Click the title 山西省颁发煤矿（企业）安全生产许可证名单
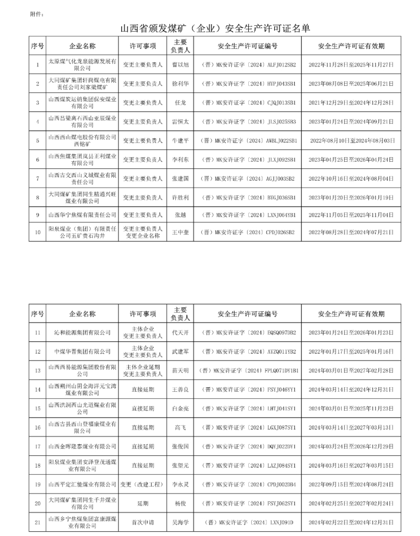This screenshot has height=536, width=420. tap(215, 28)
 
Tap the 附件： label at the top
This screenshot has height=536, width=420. tap(36, 13)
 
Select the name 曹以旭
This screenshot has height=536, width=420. tap(181, 65)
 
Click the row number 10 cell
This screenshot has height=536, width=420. tap(37, 232)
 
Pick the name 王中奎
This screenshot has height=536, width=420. tap(181, 232)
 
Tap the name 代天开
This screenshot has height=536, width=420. tap(181, 332)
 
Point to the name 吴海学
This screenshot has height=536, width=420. tap(181, 521)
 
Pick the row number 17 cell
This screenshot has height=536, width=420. tap(37, 446)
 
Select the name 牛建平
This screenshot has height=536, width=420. tap(181, 141)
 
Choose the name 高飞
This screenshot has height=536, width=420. tap(181, 427)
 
